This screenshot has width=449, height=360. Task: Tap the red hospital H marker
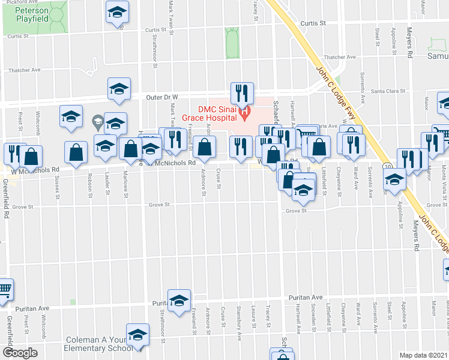[244, 112]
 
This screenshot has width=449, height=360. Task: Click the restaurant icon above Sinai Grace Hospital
[242, 93]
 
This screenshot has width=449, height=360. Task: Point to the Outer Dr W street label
[164, 97]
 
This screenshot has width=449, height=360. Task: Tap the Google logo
[20, 353]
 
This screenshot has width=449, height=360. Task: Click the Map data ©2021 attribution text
[423, 355]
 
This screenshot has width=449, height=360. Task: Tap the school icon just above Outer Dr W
[119, 89]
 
